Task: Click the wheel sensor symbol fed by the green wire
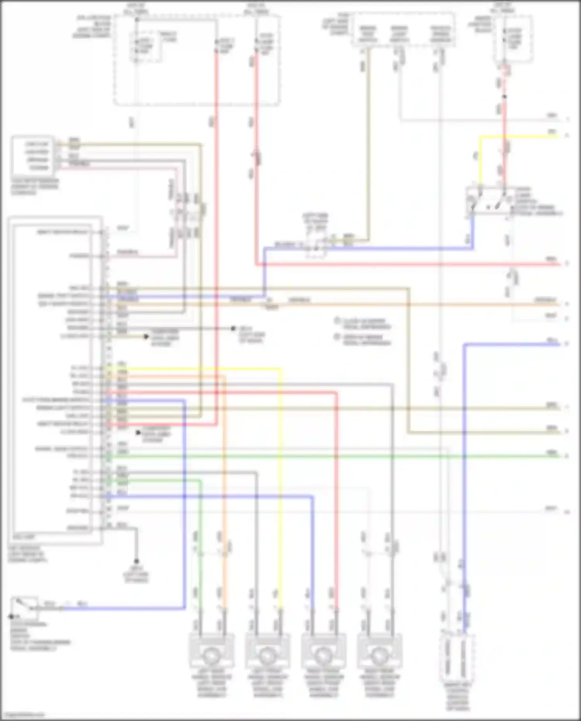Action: pyautogui.click(x=211, y=655)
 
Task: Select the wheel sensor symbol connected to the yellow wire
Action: pyautogui.click(x=267, y=655)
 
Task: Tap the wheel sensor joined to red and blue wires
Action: pyautogui.click(x=323, y=655)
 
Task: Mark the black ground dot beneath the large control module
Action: pyautogui.click(x=136, y=561)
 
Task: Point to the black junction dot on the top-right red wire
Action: pyautogui.click(x=505, y=97)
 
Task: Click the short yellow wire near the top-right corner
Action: pyautogui.click(x=519, y=136)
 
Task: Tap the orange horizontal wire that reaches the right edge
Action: pyautogui.click(x=426, y=305)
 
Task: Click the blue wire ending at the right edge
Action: pyautogui.click(x=511, y=344)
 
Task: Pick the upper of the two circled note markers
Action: pyautogui.click(x=337, y=321)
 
